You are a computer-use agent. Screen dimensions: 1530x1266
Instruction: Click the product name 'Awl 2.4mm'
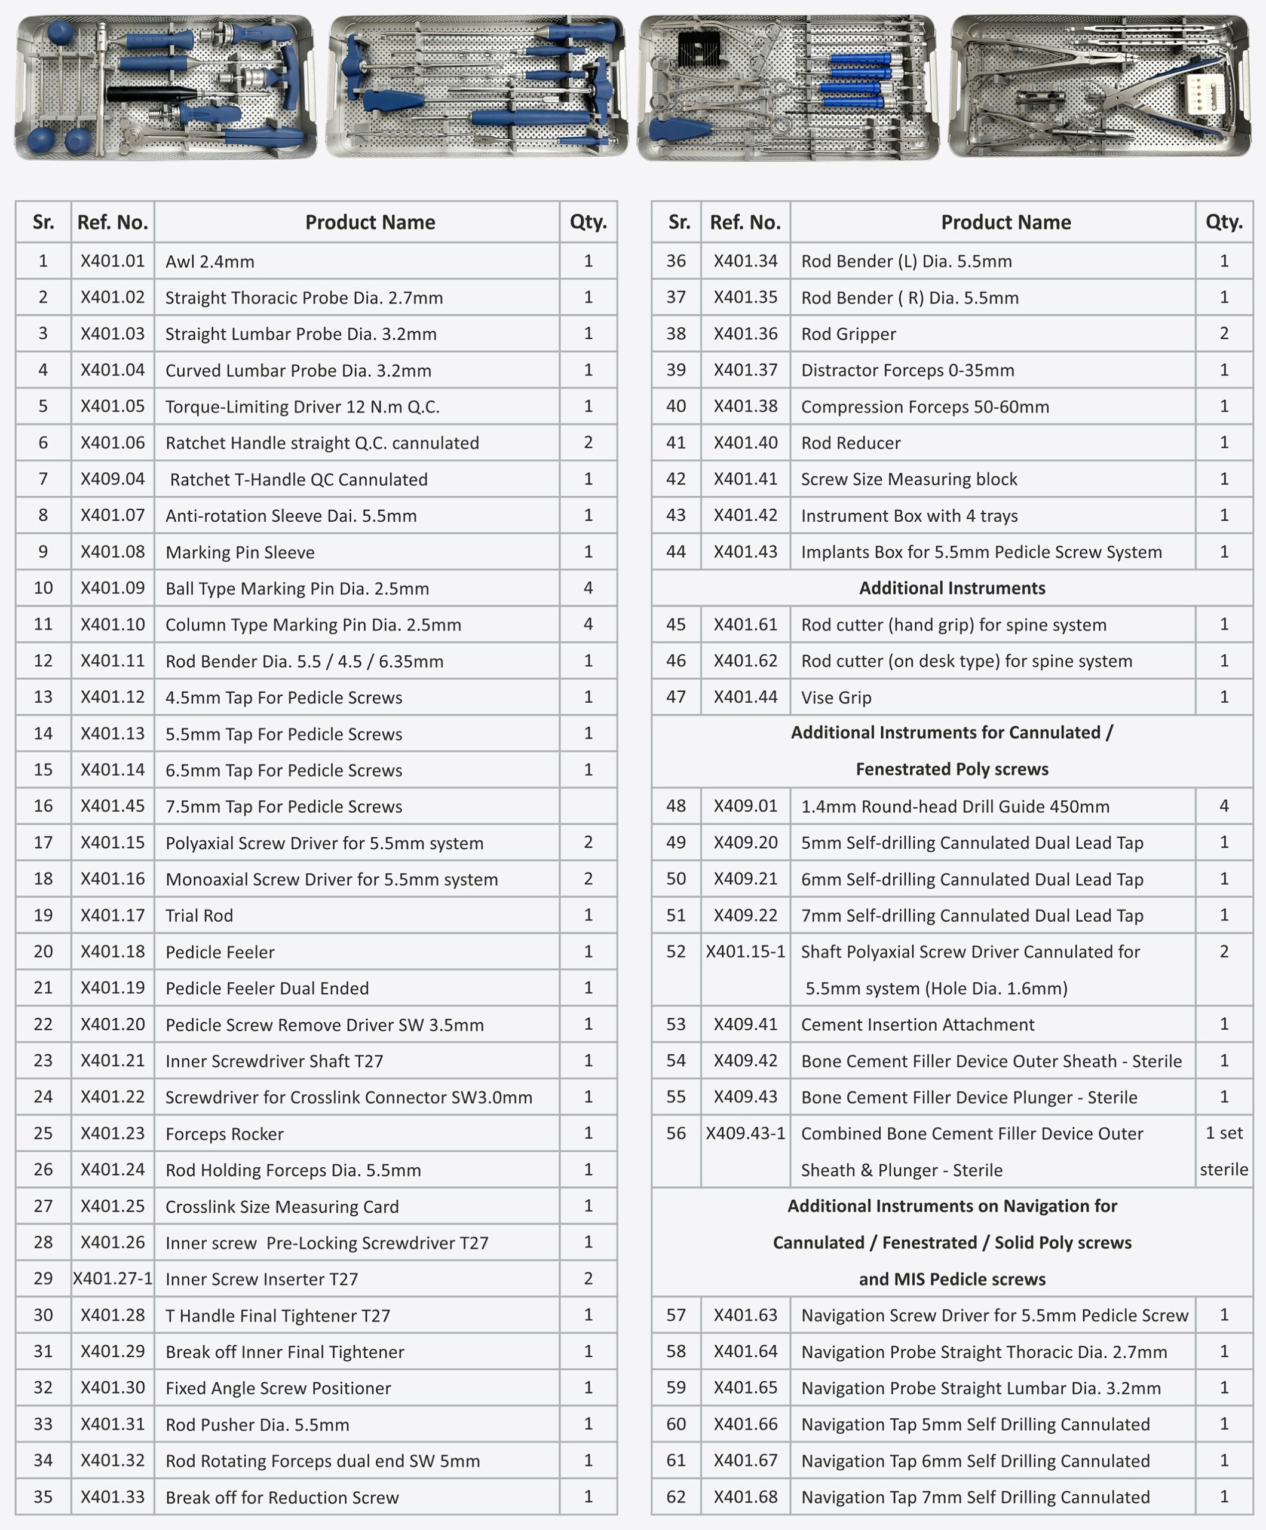pyautogui.click(x=210, y=262)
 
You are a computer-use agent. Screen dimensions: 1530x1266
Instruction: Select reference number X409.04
pyautogui.click(x=113, y=479)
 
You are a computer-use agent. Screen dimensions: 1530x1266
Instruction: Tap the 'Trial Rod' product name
pyautogui.click(x=199, y=916)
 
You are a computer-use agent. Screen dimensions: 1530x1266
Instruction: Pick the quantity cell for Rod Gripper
pyautogui.click(x=1224, y=333)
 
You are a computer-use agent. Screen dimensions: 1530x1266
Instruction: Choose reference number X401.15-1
pyautogui.click(x=745, y=951)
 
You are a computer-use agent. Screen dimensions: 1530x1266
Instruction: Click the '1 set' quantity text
pyautogui.click(x=1224, y=1133)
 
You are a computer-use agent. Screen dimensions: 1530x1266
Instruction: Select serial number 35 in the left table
pyautogui.click(x=43, y=1497)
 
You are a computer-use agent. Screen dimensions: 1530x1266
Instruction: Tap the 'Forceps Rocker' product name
pyautogui.click(x=225, y=1134)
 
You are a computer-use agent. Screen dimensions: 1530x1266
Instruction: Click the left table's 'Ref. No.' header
pyautogui.click(x=113, y=222)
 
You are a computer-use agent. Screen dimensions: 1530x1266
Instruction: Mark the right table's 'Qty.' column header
pyautogui.click(x=1224, y=222)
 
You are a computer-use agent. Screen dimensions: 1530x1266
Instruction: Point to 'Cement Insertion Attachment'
pyautogui.click(x=917, y=1025)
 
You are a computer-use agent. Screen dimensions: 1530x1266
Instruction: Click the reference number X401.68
pyautogui.click(x=745, y=1497)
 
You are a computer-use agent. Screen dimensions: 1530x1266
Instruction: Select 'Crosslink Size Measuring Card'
pyautogui.click(x=282, y=1207)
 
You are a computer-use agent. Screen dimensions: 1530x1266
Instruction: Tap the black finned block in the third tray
pyautogui.click(x=698, y=50)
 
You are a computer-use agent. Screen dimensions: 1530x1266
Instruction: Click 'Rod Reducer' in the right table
pyautogui.click(x=850, y=443)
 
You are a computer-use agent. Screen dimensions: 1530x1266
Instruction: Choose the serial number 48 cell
pyautogui.click(x=676, y=806)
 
